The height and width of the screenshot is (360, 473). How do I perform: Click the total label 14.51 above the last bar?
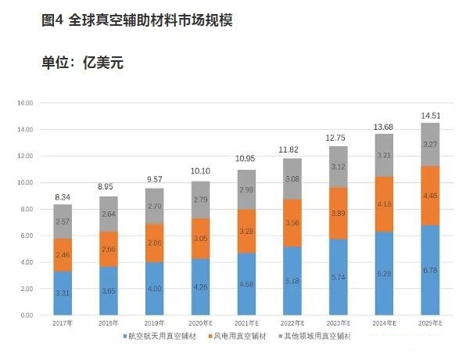[430, 115]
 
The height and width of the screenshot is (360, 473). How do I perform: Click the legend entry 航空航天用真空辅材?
[162, 337]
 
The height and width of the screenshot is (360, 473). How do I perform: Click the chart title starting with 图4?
[136, 21]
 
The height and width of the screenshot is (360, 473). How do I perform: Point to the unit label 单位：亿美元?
[82, 63]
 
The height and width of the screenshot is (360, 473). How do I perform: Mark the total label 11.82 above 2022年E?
[293, 150]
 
